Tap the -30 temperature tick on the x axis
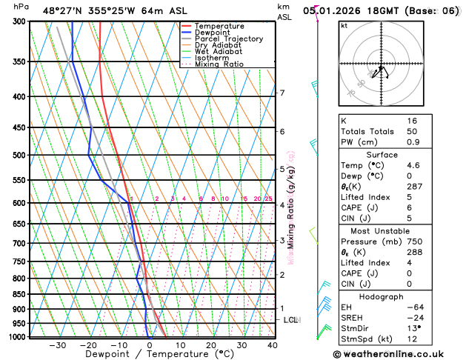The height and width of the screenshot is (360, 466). click(x=57, y=345)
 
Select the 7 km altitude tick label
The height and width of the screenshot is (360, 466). click(x=282, y=93)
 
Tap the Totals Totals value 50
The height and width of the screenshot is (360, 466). click(x=412, y=131)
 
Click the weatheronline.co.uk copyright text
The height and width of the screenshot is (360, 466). click(x=396, y=354)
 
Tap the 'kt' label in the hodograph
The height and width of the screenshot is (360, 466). click(x=344, y=26)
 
